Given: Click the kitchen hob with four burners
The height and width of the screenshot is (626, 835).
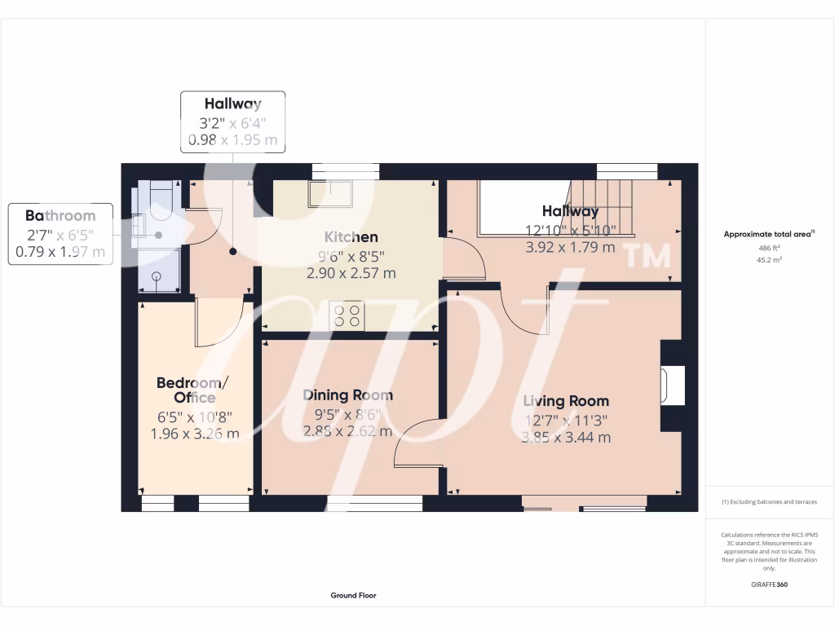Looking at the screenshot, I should coord(347,315).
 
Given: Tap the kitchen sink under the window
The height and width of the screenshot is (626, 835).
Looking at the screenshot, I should coord(329,194).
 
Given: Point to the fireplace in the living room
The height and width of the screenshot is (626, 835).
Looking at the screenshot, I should coord(673,385).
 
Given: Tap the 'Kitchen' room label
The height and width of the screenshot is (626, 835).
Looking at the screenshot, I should coord(351,237).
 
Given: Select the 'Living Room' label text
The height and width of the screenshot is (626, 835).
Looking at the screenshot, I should coord(566,401).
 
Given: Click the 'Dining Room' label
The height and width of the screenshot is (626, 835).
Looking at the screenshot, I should coord(347,395).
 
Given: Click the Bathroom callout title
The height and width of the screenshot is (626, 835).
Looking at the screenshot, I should coord(60,216).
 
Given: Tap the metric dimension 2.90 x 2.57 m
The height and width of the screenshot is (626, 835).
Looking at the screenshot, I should coord(351,274).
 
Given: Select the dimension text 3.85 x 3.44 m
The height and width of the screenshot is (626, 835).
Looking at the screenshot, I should coord(566,438).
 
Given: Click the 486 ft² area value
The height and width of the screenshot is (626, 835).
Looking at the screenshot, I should coord(769,248).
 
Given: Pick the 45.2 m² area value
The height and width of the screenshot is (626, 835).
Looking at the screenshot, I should coord(769,260).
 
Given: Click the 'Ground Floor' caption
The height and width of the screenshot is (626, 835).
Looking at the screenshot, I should coord(353,596).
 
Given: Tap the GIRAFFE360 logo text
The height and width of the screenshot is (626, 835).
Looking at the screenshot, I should coord(769,584).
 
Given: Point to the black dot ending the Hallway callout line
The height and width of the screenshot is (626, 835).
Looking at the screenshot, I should coord(232,252).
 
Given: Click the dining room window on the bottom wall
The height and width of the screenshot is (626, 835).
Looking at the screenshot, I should coord(375,504).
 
